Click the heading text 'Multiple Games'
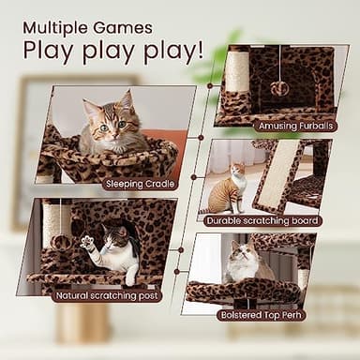pyautogui.click(x=87, y=27)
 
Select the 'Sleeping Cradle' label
pyautogui.click(x=142, y=184)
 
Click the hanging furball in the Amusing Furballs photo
pyautogui.click(x=278, y=87)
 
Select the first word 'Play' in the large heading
pyautogui.click(x=48, y=50)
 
